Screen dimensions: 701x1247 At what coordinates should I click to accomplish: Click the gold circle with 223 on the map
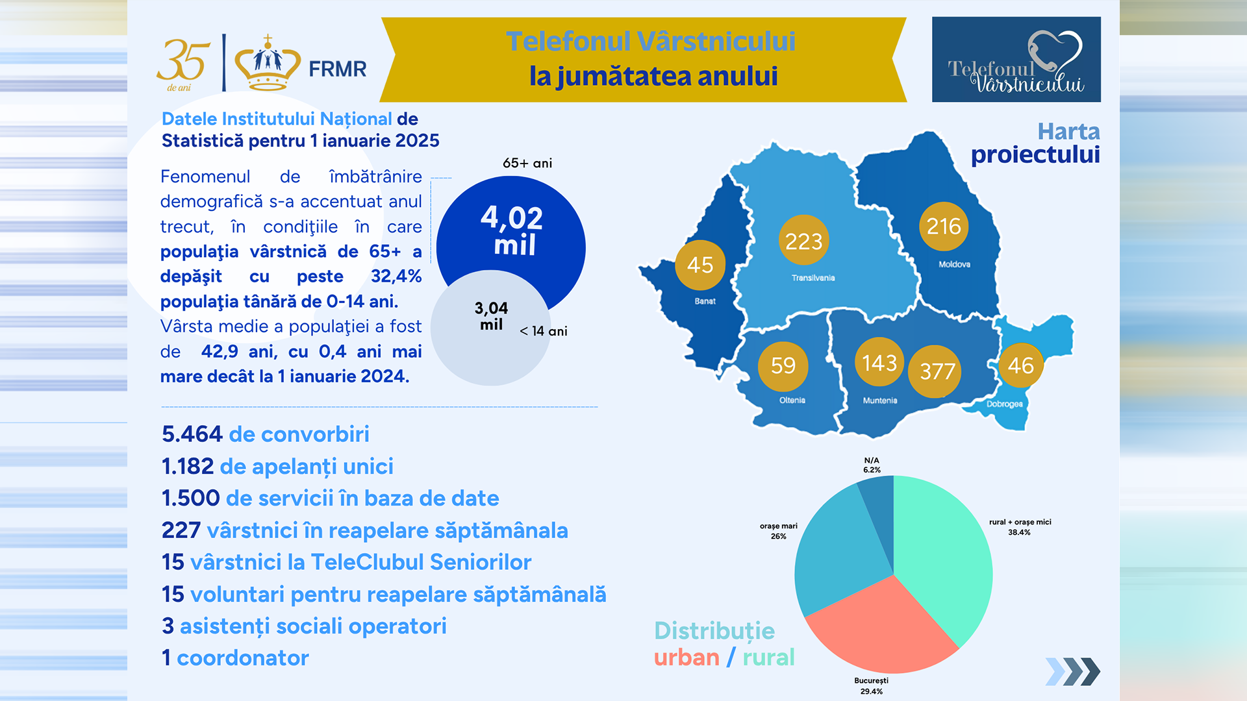pos(803,241)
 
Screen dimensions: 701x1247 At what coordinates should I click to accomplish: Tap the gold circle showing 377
pos(937,371)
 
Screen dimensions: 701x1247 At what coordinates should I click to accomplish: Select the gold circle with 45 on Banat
pos(700,265)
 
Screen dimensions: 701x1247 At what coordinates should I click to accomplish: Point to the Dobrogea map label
pos(1004,404)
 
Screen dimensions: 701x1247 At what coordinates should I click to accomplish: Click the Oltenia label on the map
pos(792,400)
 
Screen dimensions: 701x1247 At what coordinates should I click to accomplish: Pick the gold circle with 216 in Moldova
pos(943,226)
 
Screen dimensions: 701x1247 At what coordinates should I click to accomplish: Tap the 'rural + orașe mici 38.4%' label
pos(1020,527)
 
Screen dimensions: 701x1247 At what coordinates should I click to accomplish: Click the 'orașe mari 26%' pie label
pos(778,531)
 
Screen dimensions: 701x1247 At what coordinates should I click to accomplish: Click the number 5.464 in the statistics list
pos(192,434)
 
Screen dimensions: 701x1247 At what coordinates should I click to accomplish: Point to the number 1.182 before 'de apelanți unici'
pos(188,467)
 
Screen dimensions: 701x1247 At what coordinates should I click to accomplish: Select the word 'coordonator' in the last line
pos(242,658)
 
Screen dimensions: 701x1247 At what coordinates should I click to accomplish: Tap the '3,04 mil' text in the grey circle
pos(491,316)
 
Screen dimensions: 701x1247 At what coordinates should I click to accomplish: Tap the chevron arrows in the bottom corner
pos(1072,672)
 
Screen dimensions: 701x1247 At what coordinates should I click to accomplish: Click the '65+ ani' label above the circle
pos(527,163)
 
